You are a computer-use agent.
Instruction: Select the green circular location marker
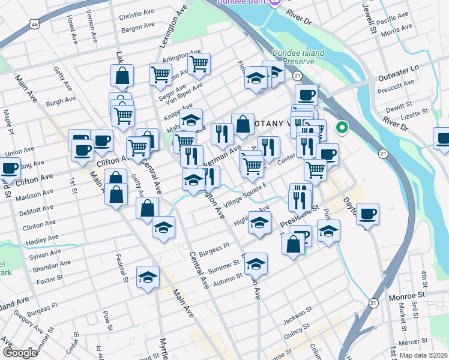(x=342, y=127)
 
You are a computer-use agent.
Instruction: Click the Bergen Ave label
(x=137, y=28)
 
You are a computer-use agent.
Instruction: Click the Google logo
(x=20, y=353)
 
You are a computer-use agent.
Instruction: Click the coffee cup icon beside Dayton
(x=367, y=213)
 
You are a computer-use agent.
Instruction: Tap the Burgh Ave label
(x=61, y=101)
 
